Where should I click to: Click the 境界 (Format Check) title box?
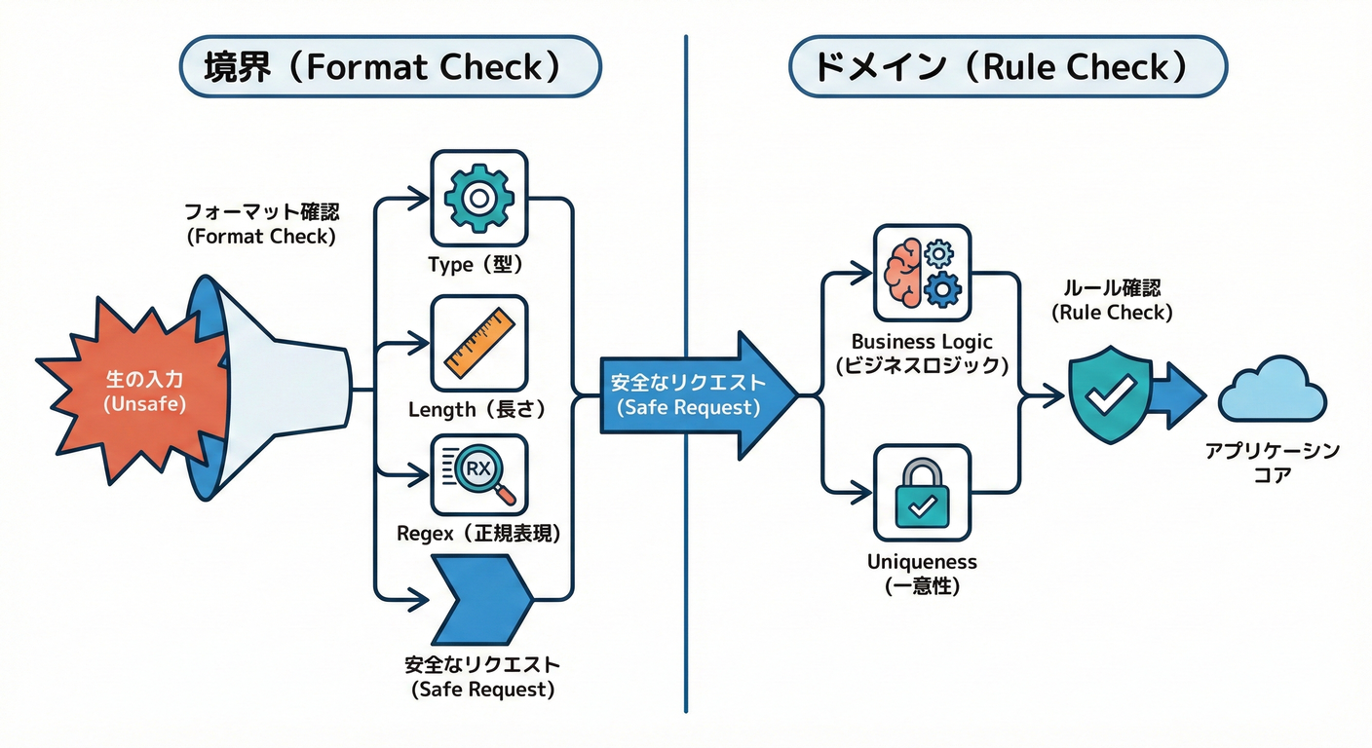coord(391,67)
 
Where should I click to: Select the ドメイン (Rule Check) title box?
coord(1008,67)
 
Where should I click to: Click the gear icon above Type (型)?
coord(477,199)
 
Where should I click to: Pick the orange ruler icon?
coord(477,343)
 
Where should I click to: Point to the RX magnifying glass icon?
coord(477,474)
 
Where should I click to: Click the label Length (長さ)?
coord(477,410)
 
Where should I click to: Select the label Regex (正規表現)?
coord(478,534)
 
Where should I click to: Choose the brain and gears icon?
coord(922,273)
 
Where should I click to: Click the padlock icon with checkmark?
coord(922,493)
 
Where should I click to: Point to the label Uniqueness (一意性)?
coord(922,574)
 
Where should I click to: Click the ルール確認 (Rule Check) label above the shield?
coord(1111,301)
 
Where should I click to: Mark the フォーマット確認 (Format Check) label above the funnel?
coord(262,224)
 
